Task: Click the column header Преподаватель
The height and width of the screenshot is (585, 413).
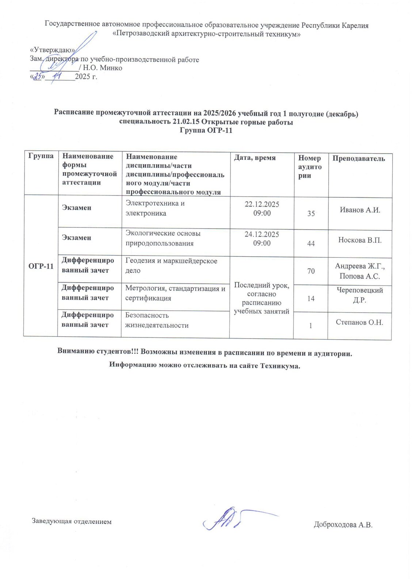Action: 358,158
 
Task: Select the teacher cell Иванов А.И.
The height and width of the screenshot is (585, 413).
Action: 360,210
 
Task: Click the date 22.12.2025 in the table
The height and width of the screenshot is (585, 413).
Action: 261,204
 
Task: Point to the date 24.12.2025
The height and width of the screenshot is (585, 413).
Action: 261,234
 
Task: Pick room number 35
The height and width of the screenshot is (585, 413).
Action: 311,213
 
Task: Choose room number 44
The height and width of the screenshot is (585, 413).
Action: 311,243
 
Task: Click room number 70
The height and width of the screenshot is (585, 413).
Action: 311,271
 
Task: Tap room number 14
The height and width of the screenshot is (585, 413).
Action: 311,298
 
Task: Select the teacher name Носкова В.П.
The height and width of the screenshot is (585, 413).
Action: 360,240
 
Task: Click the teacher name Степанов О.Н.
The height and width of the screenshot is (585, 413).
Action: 359,322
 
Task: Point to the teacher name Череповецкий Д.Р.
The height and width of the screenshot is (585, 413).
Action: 360,295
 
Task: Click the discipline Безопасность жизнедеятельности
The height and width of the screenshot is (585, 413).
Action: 157,320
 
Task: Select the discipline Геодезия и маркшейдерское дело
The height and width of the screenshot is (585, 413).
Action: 171,265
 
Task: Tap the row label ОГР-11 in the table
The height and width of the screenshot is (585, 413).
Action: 41,266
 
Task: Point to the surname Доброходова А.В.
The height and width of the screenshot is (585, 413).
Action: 343,525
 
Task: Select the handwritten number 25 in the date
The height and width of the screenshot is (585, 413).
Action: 38,76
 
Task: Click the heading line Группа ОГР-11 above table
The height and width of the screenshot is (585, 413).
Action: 206,131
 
